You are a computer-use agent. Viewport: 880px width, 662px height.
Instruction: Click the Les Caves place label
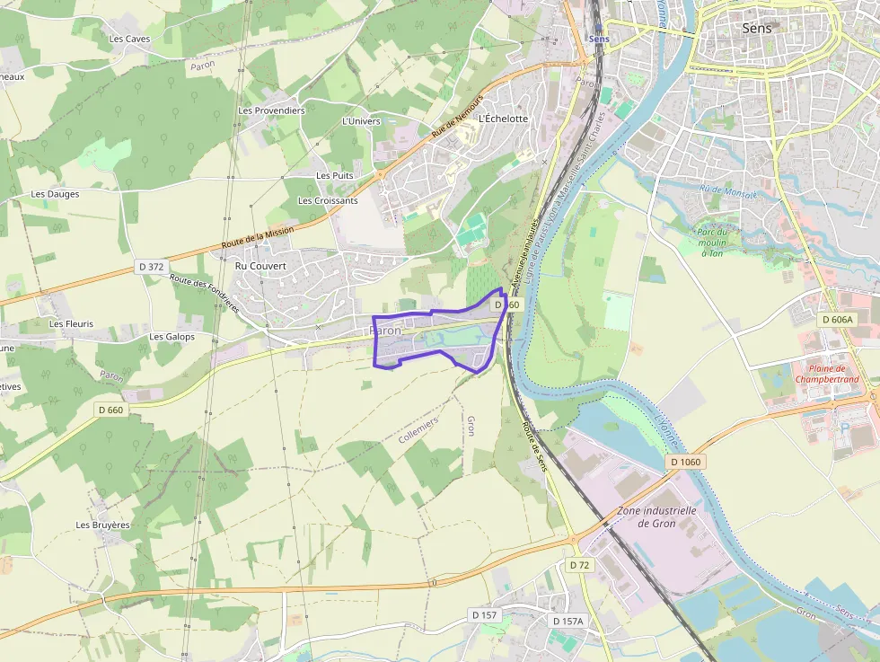[x=129, y=39]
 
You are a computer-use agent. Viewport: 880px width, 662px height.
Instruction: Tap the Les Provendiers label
[x=271, y=110]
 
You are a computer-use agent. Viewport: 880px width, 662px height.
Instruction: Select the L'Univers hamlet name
[x=361, y=121]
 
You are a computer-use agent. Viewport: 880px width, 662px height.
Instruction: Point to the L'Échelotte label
[x=504, y=119]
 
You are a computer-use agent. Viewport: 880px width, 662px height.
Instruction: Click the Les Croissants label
[x=328, y=200]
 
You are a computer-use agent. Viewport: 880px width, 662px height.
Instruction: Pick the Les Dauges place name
[x=55, y=194]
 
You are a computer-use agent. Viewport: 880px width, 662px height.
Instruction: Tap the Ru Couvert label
[x=260, y=266]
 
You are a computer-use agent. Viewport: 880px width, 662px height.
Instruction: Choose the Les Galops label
[x=172, y=337]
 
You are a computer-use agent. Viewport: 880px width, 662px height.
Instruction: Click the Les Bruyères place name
[x=102, y=525]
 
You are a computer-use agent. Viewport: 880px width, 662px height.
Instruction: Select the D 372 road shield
[x=152, y=267]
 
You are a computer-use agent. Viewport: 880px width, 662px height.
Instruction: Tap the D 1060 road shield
[x=686, y=462]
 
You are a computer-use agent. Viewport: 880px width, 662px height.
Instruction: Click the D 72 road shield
[x=579, y=565]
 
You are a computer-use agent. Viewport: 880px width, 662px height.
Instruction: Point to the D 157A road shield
[x=568, y=621]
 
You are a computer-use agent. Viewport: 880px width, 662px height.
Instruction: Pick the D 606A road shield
[x=838, y=320]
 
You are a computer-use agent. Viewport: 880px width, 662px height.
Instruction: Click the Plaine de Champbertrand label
[x=827, y=374]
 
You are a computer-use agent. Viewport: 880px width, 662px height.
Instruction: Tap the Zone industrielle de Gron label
[x=657, y=516]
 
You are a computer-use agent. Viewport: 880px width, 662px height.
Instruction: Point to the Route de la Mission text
[x=258, y=238]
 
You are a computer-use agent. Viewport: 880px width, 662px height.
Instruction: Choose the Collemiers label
[x=418, y=429]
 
